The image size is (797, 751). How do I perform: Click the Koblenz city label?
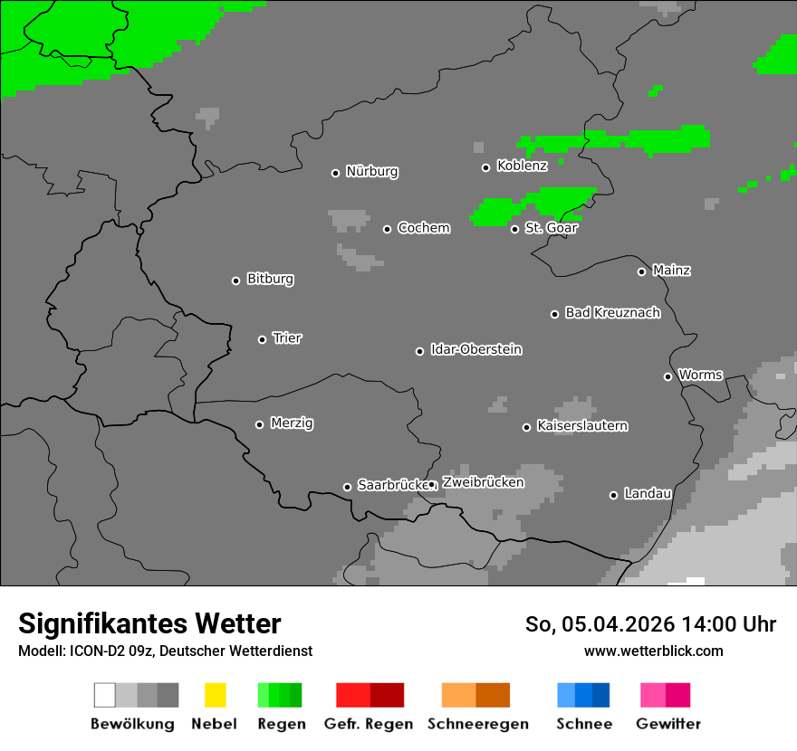(x=522, y=166)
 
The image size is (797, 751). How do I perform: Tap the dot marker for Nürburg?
(x=335, y=173)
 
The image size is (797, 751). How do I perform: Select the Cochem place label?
(x=424, y=228)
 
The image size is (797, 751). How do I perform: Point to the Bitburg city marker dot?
(x=235, y=280)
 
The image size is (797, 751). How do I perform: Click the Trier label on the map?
(x=287, y=338)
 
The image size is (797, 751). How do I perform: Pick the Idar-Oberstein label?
(x=476, y=350)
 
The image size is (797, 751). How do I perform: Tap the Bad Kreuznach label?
(x=612, y=313)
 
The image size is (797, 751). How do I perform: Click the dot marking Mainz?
(x=641, y=271)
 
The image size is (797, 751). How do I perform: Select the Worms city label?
(x=700, y=375)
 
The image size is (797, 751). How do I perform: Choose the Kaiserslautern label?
(x=582, y=426)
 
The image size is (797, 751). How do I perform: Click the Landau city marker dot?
(x=613, y=495)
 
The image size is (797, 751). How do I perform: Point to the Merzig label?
(x=292, y=423)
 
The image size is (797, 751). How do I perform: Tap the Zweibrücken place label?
(x=483, y=482)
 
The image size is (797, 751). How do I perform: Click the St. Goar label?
(x=551, y=228)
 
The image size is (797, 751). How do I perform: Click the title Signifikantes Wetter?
(x=149, y=624)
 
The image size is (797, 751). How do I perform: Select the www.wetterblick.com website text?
(x=653, y=651)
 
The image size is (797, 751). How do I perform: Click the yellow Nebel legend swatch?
(x=215, y=695)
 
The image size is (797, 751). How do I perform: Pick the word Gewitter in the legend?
(x=668, y=724)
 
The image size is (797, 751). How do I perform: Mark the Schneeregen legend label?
(x=478, y=724)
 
